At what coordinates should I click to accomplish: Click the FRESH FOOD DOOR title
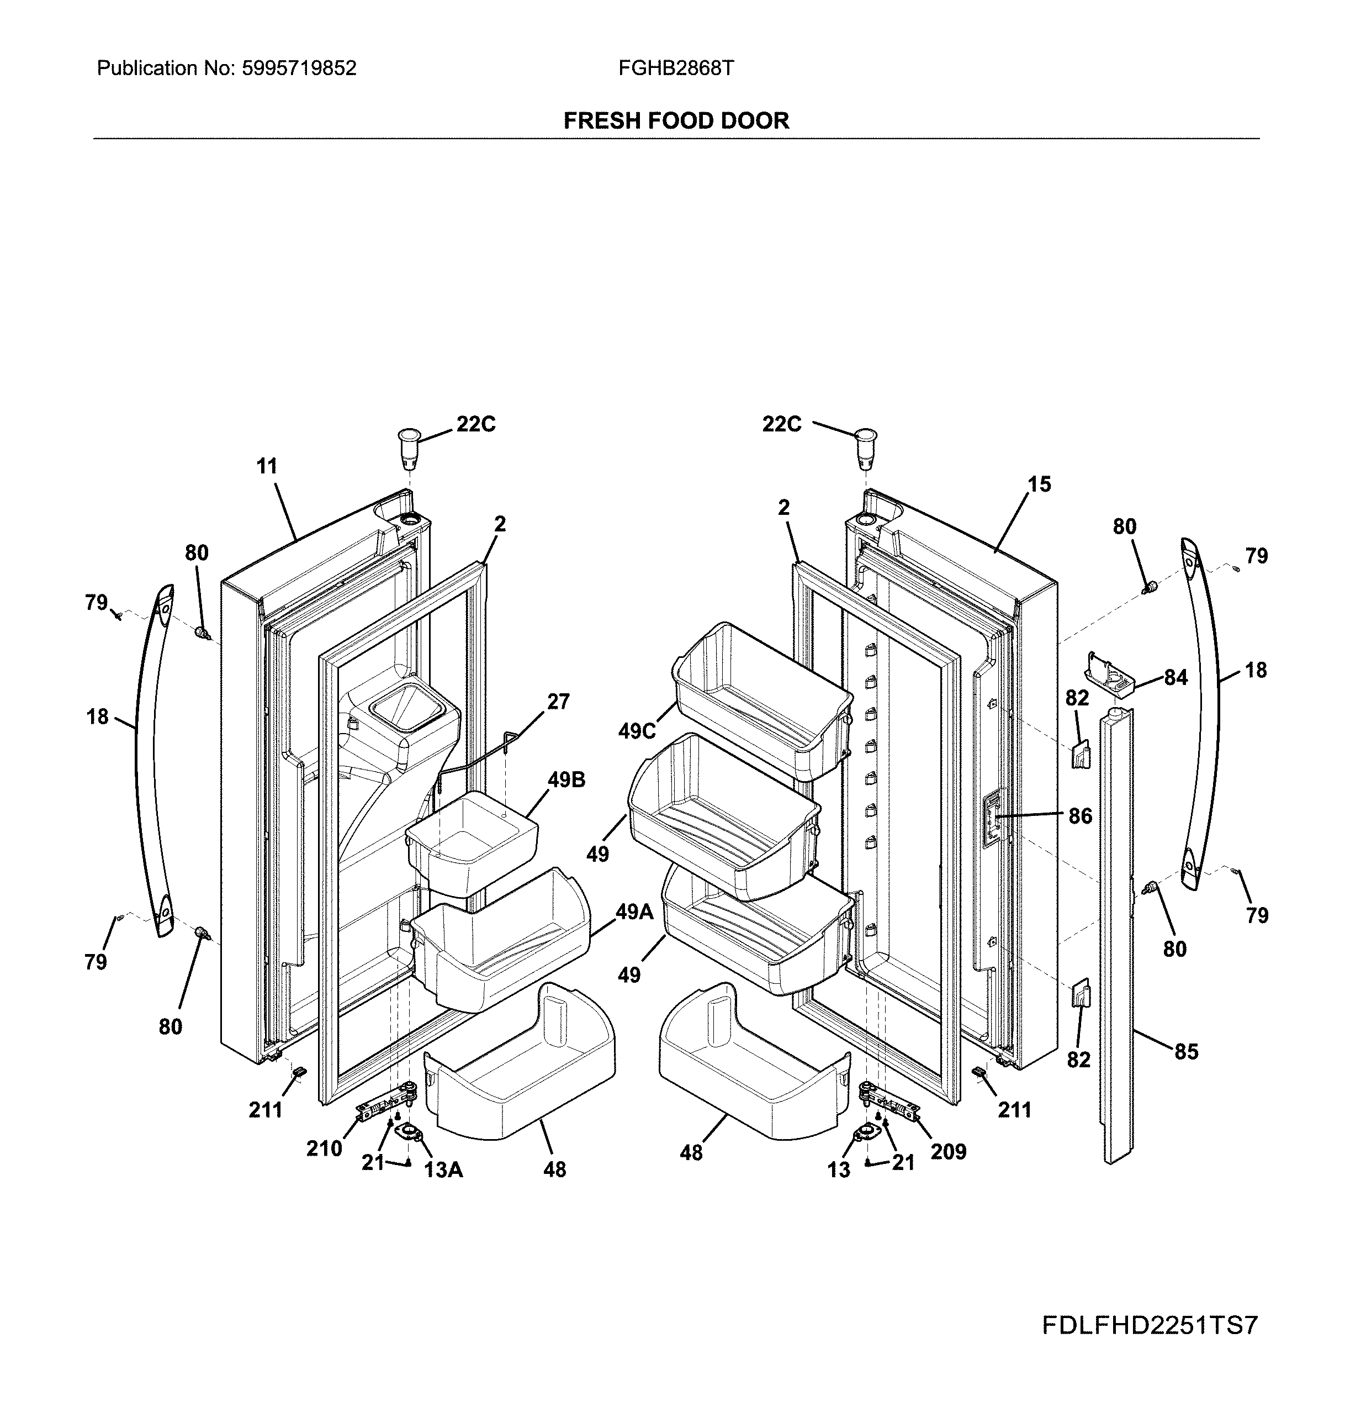[x=676, y=120]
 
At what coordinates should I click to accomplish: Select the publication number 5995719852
[x=299, y=68]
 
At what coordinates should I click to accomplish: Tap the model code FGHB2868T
[x=676, y=68]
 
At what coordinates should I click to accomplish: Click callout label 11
[x=267, y=466]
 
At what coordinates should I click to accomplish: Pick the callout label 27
[x=558, y=701]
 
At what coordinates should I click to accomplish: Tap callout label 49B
[x=566, y=779]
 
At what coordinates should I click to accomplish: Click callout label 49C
[x=638, y=731]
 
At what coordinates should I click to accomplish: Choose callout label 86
[x=1080, y=816]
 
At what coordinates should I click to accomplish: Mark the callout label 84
[x=1175, y=677]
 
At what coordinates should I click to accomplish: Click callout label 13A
[x=443, y=1170]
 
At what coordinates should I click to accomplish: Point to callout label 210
[x=324, y=1148]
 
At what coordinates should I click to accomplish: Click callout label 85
[x=1187, y=1052]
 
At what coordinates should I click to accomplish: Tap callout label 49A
[x=634, y=911]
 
